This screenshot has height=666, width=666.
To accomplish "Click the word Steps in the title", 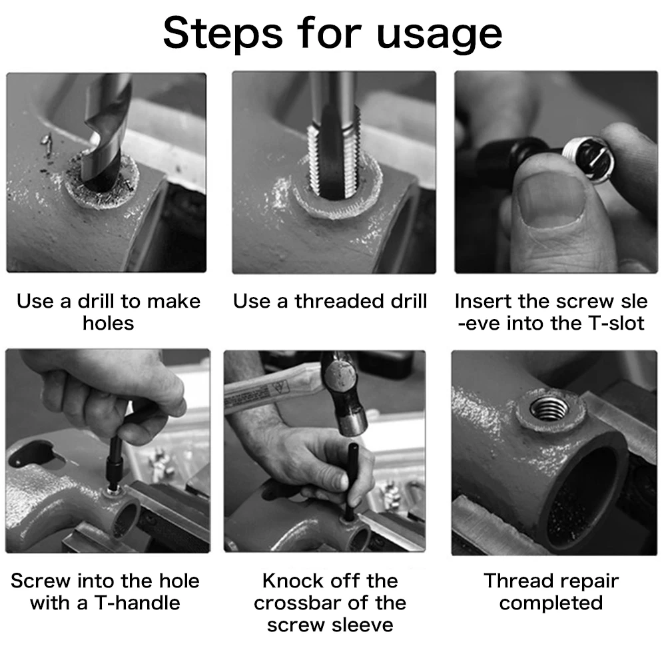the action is pyautogui.click(x=222, y=34).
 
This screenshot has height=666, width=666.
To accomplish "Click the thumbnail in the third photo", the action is pyautogui.click(x=551, y=198).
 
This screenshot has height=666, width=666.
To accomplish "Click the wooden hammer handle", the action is pyautogui.click(x=272, y=388).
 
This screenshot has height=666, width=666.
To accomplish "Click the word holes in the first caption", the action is pyautogui.click(x=109, y=324).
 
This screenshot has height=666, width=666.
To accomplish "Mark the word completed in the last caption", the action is pyautogui.click(x=551, y=603).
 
